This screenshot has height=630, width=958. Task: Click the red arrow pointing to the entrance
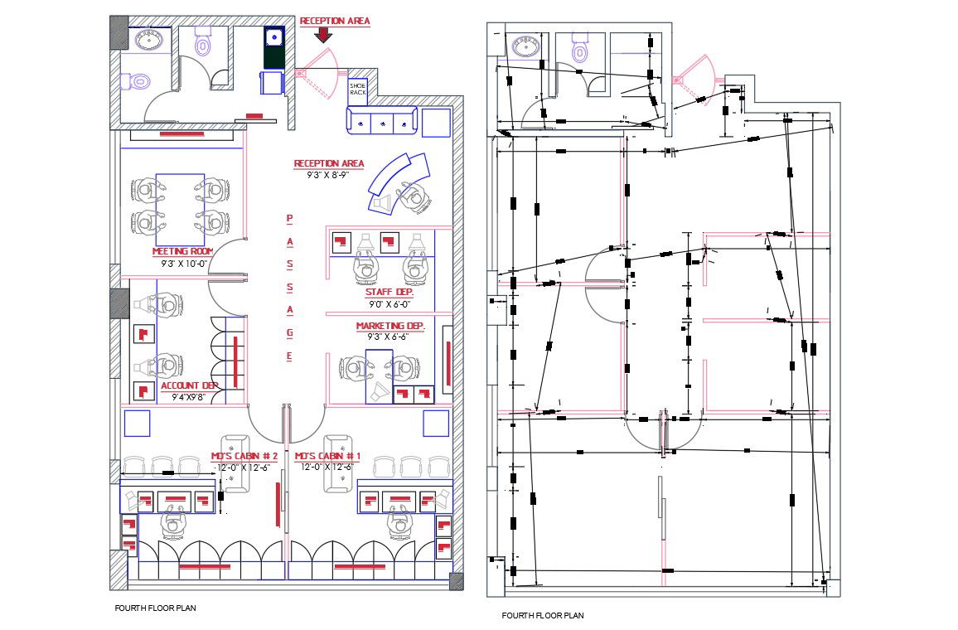[x=324, y=34]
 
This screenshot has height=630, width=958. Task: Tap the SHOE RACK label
[x=357, y=89]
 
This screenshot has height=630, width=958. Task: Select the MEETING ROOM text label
[x=183, y=251]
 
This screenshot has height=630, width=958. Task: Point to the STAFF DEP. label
[x=389, y=293]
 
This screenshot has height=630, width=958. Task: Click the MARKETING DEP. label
[x=389, y=327]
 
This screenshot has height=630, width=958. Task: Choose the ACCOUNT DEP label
[x=190, y=386]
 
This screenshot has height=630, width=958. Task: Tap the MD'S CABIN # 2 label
[x=244, y=457]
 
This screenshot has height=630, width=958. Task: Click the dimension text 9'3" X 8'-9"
[x=322, y=175]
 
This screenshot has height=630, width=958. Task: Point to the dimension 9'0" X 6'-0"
[x=389, y=303]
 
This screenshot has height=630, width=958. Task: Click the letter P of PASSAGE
[x=289, y=219]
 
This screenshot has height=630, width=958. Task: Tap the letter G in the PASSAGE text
[x=289, y=332]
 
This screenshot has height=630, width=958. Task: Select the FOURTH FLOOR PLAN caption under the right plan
[x=542, y=616]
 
